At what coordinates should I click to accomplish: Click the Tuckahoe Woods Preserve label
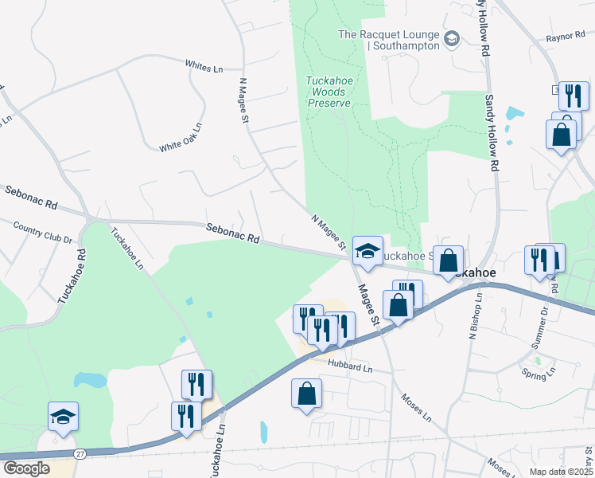pos(329,92)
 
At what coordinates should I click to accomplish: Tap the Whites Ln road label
pos(204,66)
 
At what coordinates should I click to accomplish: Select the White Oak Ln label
pos(181,138)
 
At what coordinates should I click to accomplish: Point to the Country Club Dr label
pos(43,232)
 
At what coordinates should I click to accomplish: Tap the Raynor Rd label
pos(565,37)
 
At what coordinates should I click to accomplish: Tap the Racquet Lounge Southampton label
pos(390,40)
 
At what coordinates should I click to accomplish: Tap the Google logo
pos(26,468)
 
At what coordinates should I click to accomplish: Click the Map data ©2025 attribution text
pos(560,472)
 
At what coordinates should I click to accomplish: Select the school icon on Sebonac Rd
pos(367,250)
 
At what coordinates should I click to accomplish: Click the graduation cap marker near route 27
pos(63,415)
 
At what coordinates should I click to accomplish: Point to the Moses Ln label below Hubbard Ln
pos(415,407)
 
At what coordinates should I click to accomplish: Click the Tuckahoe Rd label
pos(71,276)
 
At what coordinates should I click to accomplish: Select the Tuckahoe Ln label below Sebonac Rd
pos(127,246)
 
